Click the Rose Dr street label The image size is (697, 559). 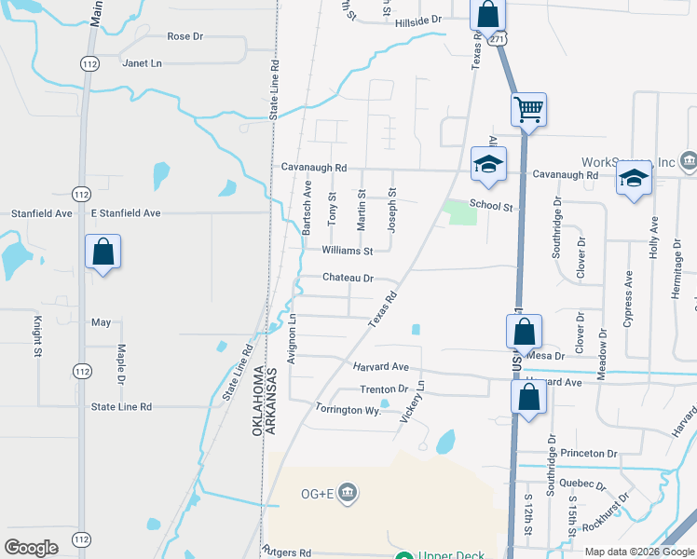pyautogui.click(x=184, y=36)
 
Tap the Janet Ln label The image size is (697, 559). pyautogui.click(x=142, y=63)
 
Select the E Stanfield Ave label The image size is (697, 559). pyautogui.click(x=126, y=213)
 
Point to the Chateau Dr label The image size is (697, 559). pyautogui.click(x=348, y=278)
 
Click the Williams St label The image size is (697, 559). pyautogui.click(x=347, y=251)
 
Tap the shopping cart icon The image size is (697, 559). pyautogui.click(x=528, y=109)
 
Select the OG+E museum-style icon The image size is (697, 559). pyautogui.click(x=347, y=491)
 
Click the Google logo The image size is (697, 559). pyautogui.click(x=32, y=548)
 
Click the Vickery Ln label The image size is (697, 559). pyautogui.click(x=413, y=398)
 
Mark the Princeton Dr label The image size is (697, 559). pyautogui.click(x=589, y=454)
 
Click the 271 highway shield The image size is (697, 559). pyautogui.click(x=499, y=40)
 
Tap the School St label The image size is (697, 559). pyautogui.click(x=491, y=205)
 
